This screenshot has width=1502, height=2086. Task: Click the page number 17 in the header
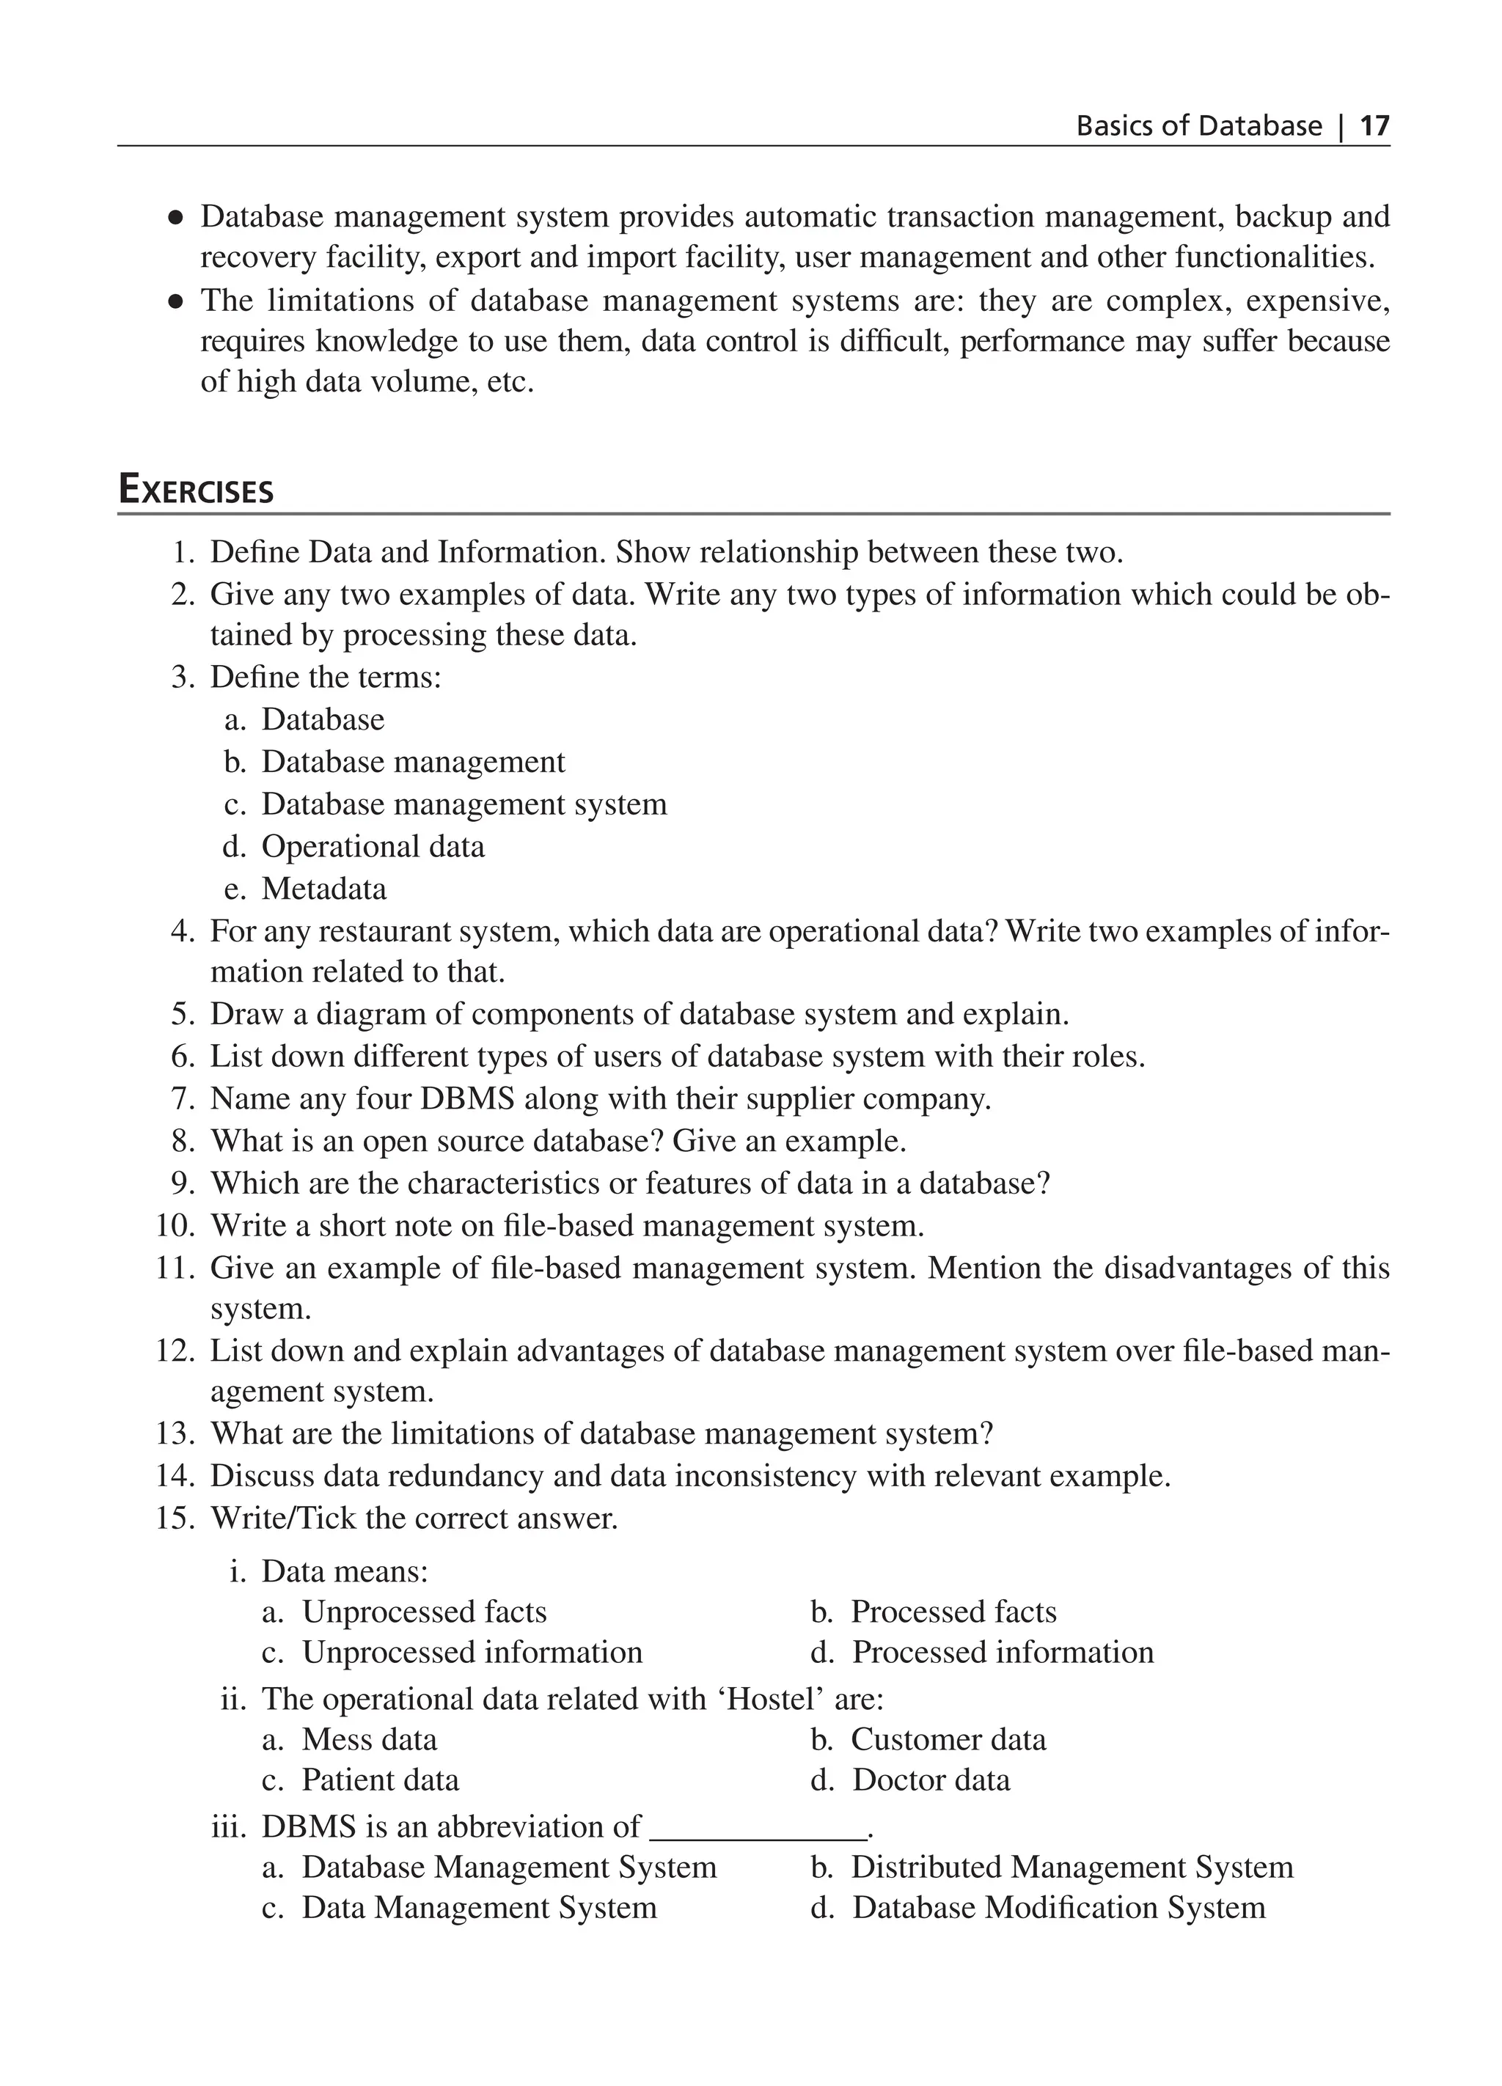[x=1374, y=126]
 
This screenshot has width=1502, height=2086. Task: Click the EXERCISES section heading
[x=196, y=491]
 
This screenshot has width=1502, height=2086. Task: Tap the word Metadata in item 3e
[x=323, y=889]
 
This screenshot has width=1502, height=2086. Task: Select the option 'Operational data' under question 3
[x=373, y=846]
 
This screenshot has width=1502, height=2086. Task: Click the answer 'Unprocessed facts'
[x=424, y=1612]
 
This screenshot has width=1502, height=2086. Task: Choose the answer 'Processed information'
[x=1003, y=1652]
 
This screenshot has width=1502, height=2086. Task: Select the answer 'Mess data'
[x=370, y=1739]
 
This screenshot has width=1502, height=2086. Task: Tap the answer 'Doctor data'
[x=931, y=1780]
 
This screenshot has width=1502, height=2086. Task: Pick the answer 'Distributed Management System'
[x=1071, y=1867]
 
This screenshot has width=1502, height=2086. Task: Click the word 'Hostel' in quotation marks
[x=771, y=1698]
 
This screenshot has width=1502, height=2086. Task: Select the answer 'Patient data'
[x=380, y=1780]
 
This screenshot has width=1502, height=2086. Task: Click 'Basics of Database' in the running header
[x=1198, y=126]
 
